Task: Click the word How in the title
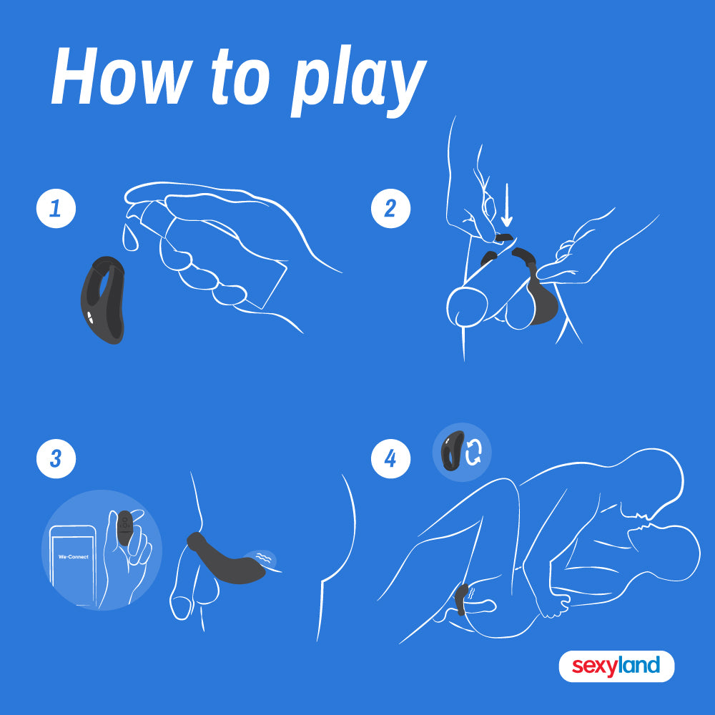point(122,77)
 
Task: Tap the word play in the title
point(359,82)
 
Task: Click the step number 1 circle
point(56,208)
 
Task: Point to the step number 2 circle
point(391,208)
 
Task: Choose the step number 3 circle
point(56,459)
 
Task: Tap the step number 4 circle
point(391,459)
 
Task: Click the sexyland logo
point(616,666)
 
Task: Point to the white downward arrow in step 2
point(507,205)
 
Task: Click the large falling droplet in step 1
point(130,237)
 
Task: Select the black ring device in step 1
point(103,300)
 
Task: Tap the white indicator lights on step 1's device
point(90,317)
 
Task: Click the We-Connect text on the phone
point(74,557)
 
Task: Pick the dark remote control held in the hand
point(124,528)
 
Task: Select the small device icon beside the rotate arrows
point(452,450)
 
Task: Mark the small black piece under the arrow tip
point(504,237)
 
